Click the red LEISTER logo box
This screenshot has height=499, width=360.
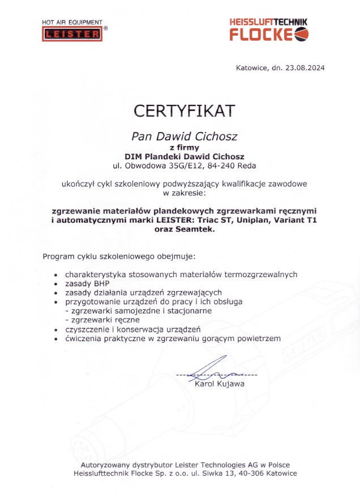72,35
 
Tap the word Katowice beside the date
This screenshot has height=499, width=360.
253,68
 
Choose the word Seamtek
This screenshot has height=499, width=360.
196,229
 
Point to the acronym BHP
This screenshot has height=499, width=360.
101,283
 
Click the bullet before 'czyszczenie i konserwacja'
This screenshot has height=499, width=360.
55,329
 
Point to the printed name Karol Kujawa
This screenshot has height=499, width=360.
220,385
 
